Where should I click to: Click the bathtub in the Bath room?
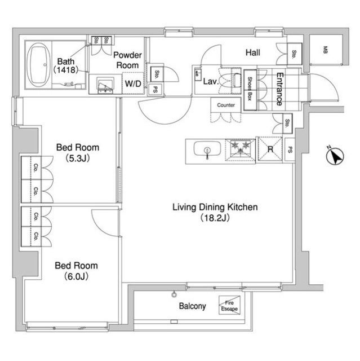pyautogui.click(x=39, y=65)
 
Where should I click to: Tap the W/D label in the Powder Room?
pyautogui.click(x=133, y=83)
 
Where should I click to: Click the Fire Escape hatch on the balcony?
pyautogui.click(x=229, y=305)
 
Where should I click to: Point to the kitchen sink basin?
pyautogui.click(x=207, y=149)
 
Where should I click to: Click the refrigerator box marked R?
pyautogui.click(x=270, y=149)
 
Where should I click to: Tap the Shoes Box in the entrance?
pyautogui.click(x=250, y=90)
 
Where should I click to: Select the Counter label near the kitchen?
pyautogui.click(x=226, y=105)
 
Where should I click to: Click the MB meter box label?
pyautogui.click(x=325, y=50)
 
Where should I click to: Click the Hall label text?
pyautogui.click(x=253, y=52)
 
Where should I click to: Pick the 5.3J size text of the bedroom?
pyautogui.click(x=78, y=159)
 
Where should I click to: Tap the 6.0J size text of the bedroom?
pyautogui.click(x=76, y=276)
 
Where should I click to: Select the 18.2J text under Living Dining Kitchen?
pyautogui.click(x=215, y=218)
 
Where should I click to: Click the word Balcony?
pyautogui.click(x=193, y=306)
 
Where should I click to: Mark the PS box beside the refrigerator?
pyautogui.click(x=290, y=149)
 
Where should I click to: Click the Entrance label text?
pyautogui.click(x=279, y=89)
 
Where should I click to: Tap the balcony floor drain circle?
pyautogui.click(x=174, y=294)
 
